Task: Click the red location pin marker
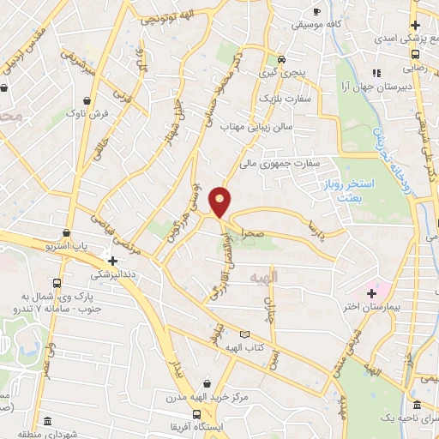click(x=221, y=201)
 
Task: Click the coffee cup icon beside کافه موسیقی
click(x=317, y=11)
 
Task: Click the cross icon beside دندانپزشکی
click(x=112, y=260)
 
